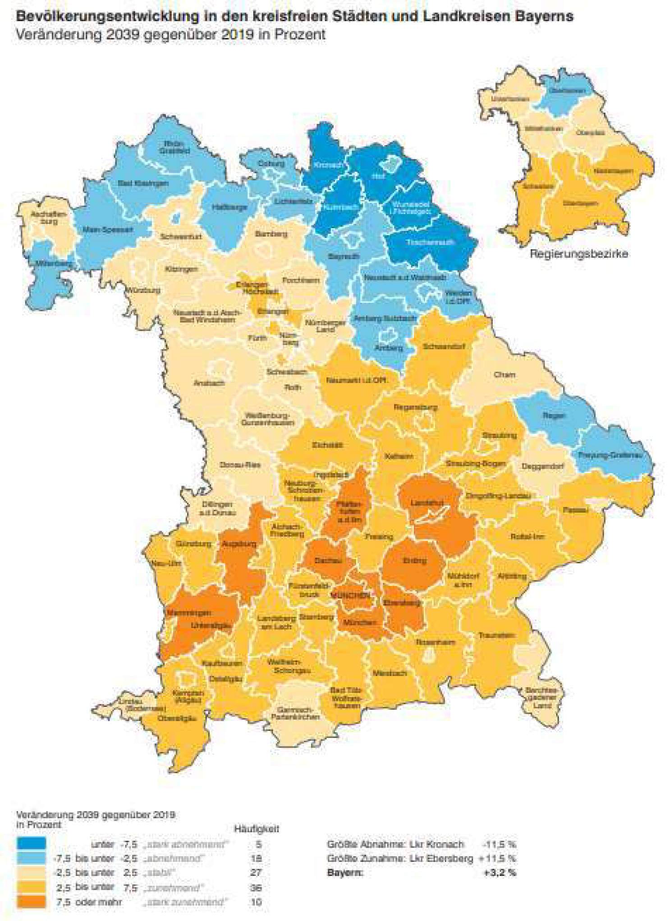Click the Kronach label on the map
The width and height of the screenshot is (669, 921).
tap(328, 165)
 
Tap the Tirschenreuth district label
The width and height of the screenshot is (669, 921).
tap(430, 242)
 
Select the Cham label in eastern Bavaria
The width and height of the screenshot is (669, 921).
tap(504, 374)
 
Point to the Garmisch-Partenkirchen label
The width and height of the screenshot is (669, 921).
tap(295, 713)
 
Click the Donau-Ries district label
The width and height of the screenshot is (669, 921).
tap(240, 465)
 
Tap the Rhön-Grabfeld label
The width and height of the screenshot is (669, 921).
tap(174, 147)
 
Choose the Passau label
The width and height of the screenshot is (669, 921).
tap(575, 510)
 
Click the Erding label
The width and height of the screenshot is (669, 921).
tap(414, 561)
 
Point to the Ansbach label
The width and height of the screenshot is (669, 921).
tap(209, 383)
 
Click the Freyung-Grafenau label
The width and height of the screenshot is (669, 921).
tap(610, 455)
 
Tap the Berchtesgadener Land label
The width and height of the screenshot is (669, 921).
tap(541, 698)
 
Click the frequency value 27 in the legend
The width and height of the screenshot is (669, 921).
tap(256, 872)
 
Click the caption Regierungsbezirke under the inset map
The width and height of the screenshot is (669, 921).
tap(578, 254)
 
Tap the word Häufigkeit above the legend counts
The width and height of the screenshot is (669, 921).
tap(257, 828)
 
